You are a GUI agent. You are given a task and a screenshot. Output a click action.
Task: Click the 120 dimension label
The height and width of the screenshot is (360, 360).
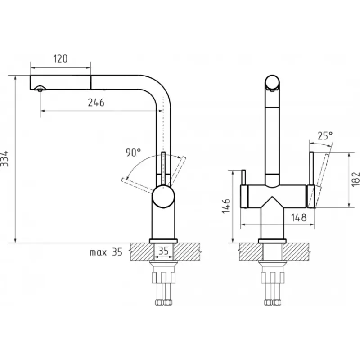coord(60,59)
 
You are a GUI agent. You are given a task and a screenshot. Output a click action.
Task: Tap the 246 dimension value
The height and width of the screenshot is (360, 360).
coord(96,103)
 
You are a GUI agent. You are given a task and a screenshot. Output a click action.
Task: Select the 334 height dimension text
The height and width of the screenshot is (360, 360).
coord(4,159)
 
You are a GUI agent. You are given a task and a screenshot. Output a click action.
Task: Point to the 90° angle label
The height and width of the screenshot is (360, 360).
coord(133,152)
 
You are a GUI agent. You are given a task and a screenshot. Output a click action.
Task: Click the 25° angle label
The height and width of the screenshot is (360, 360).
coord(325,136)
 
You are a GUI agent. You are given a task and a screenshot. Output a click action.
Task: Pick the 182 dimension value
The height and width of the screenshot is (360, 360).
coord(355,179)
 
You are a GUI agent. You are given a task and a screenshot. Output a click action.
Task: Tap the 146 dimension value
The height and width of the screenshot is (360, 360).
coord(226,206)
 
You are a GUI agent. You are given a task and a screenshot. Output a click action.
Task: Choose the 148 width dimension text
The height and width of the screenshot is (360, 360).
coord(299,217)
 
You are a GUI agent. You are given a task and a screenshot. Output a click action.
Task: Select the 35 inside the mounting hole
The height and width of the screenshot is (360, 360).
coord(163,251)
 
